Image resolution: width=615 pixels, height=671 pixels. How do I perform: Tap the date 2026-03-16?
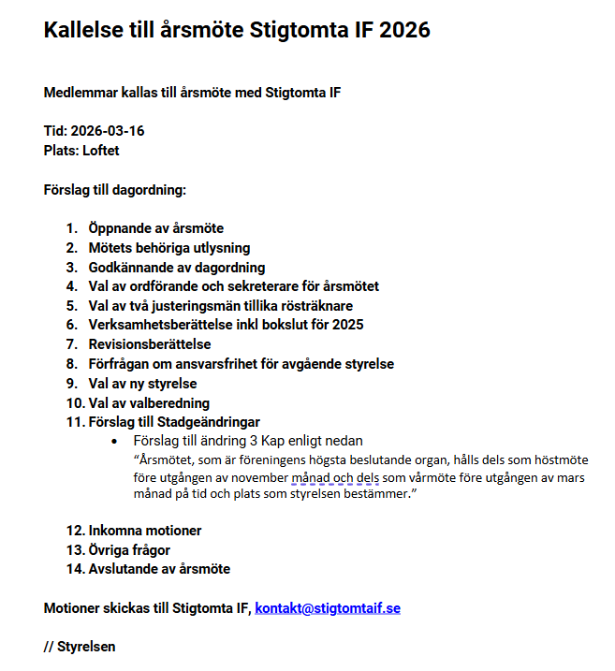[x=108, y=131]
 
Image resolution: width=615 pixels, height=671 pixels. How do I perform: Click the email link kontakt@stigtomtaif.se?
[x=328, y=608]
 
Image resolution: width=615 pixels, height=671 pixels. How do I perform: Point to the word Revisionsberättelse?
[x=150, y=344]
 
